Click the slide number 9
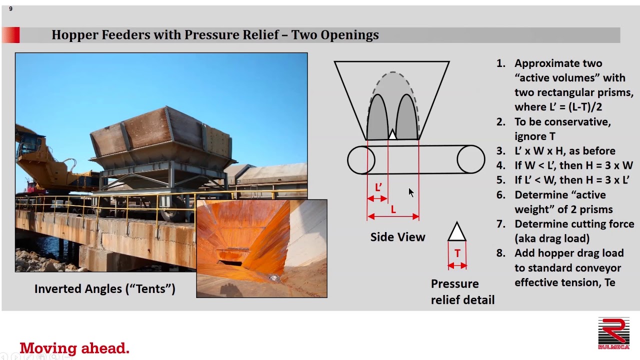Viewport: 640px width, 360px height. tap(10, 9)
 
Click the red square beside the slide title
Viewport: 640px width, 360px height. tap(11, 35)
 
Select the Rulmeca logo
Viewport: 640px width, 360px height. tap(613, 333)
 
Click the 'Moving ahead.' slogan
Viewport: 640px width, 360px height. tap(74, 348)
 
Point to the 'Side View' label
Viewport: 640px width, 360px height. tap(397, 237)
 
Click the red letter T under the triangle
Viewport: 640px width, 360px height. tap(457, 253)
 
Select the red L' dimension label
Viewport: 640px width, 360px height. tap(378, 187)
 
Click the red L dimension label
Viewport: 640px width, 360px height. tap(393, 210)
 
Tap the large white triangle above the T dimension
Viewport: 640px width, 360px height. tap(457, 232)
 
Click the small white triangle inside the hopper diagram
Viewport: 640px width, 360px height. tap(392, 135)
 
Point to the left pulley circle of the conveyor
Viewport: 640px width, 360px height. tap(361, 160)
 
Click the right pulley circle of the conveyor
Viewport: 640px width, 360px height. tap(471, 159)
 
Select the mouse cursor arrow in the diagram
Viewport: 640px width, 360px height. tap(411, 192)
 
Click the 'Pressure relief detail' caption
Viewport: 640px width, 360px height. tap(462, 291)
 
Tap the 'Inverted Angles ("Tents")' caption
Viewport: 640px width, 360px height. tap(105, 289)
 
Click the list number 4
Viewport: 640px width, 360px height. tap(501, 165)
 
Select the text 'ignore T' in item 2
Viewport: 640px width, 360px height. tap(535, 136)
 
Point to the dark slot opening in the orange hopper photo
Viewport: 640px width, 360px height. tap(230, 262)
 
